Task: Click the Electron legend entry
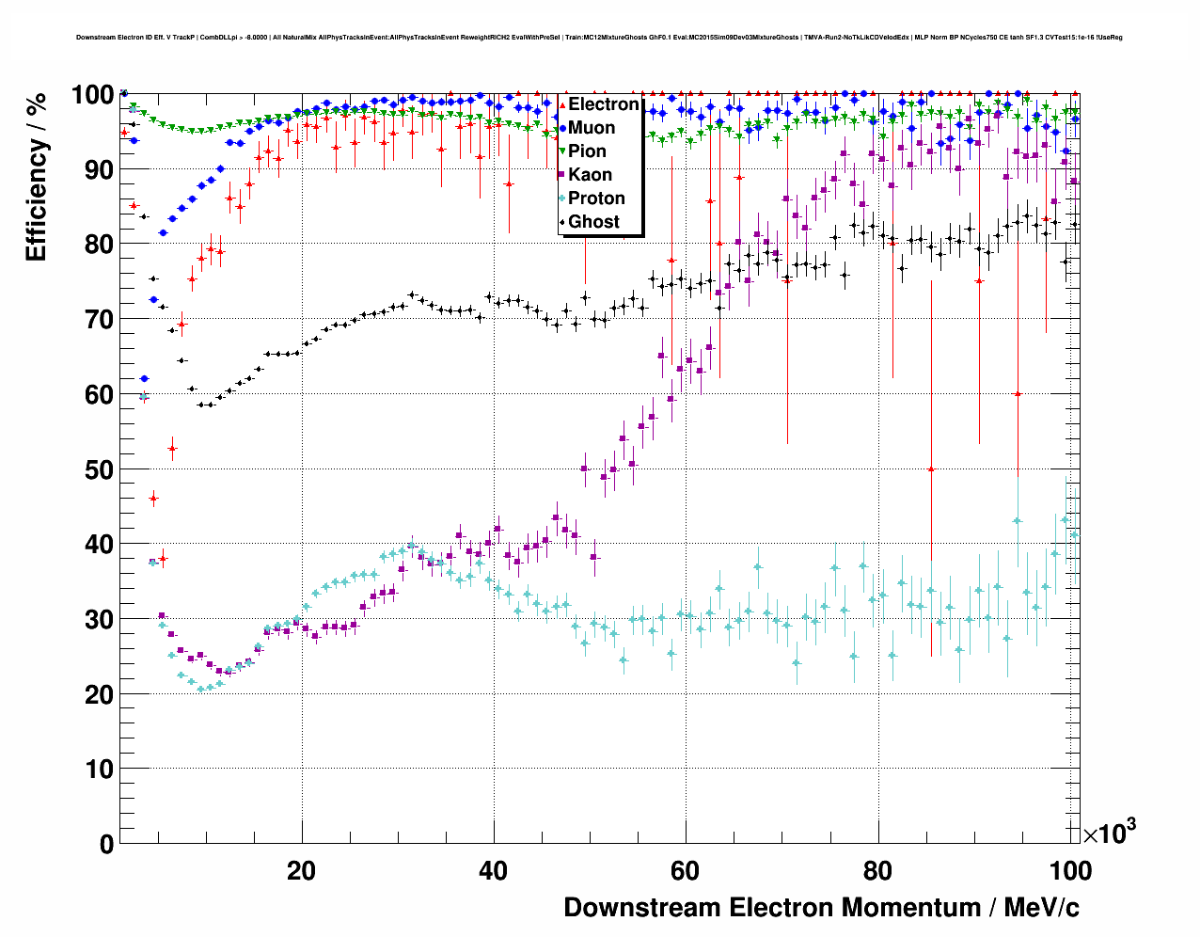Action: pyautogui.click(x=603, y=104)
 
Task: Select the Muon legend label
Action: pyautogui.click(x=592, y=128)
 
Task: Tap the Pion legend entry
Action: pyautogui.click(x=587, y=151)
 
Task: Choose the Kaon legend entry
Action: pyautogui.click(x=590, y=175)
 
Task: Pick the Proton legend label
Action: pyautogui.click(x=596, y=199)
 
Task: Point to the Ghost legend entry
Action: pyautogui.click(x=593, y=222)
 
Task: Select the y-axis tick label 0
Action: pyautogui.click(x=104, y=844)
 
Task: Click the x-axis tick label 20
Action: pyautogui.click(x=301, y=871)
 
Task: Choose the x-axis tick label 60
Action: pyautogui.click(x=686, y=871)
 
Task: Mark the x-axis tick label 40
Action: pyautogui.click(x=493, y=871)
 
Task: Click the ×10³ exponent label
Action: pyautogui.click(x=1109, y=833)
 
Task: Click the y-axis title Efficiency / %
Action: pyautogui.click(x=37, y=177)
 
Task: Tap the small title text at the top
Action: pyautogui.click(x=599, y=38)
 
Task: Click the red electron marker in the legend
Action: pyautogui.click(x=562, y=104)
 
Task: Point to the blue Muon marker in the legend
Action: pyautogui.click(x=562, y=128)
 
